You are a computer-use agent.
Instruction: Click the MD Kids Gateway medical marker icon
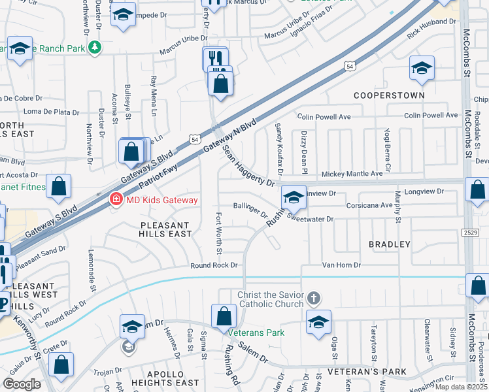(116, 199)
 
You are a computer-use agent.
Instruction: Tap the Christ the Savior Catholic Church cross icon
(314, 299)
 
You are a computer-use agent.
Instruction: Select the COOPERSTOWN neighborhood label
(389, 95)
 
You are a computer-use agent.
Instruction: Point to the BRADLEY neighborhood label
(390, 244)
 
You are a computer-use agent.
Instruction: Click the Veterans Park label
(261, 333)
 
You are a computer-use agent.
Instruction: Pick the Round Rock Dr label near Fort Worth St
(214, 265)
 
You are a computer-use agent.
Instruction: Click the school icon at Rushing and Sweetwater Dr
(294, 197)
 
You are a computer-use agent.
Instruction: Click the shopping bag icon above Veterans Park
(224, 316)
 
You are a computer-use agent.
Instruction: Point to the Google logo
(22, 384)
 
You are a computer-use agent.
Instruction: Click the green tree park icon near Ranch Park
(95, 47)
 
